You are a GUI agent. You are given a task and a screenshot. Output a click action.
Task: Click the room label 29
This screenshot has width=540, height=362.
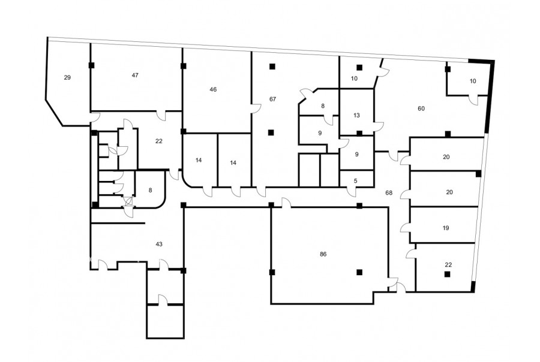[67, 77]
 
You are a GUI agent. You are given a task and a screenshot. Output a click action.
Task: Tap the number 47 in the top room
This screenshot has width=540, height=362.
[136, 75]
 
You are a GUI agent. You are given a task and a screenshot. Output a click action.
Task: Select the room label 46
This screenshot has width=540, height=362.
[213, 89]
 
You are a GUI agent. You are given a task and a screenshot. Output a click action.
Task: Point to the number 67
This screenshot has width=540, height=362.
[273, 99]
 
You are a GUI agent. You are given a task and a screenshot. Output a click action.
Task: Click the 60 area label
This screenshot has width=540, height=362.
[421, 108]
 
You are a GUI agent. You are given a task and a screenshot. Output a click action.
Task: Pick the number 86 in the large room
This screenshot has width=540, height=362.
[323, 254]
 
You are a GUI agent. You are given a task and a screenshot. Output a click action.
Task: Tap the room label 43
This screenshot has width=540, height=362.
[159, 245]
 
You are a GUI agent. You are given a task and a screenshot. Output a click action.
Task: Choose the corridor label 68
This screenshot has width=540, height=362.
[389, 193]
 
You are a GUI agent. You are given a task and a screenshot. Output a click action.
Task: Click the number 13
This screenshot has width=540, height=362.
[356, 115]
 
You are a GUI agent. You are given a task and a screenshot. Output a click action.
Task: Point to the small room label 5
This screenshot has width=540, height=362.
[356, 180]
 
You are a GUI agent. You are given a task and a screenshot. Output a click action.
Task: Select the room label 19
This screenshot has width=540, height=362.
[446, 228]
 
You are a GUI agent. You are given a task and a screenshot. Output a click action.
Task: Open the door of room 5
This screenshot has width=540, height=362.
[352, 192]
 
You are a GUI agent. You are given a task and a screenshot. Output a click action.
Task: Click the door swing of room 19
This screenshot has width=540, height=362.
[406, 228]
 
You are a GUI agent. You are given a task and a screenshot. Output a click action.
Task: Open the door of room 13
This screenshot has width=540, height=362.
[379, 126]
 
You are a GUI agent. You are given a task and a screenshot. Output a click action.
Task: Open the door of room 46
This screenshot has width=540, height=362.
[256, 108]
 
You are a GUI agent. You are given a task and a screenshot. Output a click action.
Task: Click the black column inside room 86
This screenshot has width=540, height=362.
[359, 272]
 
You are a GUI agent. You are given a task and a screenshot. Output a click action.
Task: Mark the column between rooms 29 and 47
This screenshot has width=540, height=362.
[92, 65]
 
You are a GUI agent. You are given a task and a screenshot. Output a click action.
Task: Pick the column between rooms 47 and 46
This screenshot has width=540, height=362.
[183, 66]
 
